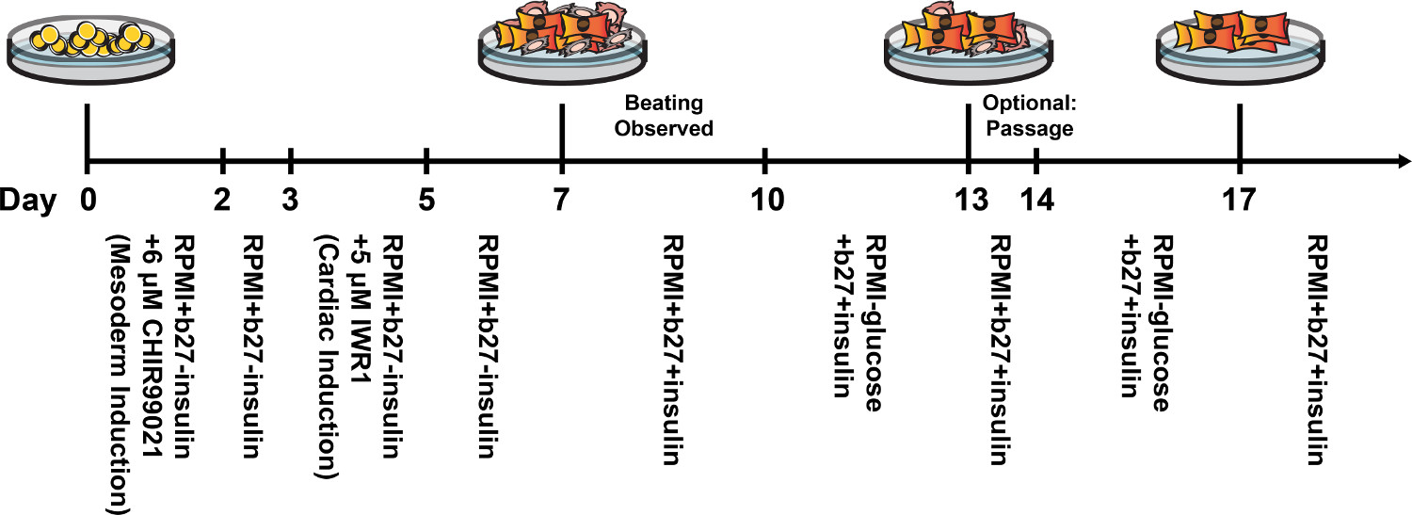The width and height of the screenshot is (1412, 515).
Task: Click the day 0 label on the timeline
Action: tap(87, 200)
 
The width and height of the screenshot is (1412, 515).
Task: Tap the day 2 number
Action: tap(223, 200)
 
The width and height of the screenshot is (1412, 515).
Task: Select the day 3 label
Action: tap(291, 200)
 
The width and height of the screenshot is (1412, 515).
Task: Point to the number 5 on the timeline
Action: tap(426, 200)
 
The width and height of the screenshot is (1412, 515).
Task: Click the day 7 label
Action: tap(562, 200)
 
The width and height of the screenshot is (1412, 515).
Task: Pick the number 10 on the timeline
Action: tap(765, 200)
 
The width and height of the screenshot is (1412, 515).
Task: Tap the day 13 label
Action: tap(969, 200)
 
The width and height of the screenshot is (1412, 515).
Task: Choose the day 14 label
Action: tap(1036, 200)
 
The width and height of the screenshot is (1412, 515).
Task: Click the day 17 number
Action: tap(1240, 200)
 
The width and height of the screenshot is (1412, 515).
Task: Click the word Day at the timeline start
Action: tap(25, 200)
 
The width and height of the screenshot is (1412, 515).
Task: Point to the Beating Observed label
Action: tap(664, 115)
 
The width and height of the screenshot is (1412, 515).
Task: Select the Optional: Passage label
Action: tap(1028, 115)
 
